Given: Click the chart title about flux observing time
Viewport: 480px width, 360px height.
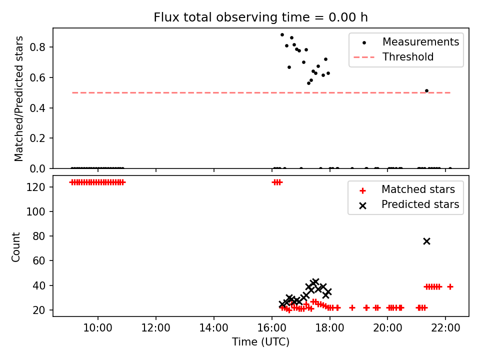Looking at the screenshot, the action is (260, 17).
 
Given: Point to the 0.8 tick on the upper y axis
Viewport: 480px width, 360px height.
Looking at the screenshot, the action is (37, 47).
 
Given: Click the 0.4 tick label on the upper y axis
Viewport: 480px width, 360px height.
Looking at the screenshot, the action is (37, 108).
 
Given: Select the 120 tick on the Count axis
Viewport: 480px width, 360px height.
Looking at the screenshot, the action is (35, 187).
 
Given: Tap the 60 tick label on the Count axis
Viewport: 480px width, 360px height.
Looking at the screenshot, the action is (39, 261).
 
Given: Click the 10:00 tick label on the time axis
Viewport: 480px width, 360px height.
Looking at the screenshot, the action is (98, 328).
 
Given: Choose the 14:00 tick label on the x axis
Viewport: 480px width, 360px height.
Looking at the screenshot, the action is (213, 328).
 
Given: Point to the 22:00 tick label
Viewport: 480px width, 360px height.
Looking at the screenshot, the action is (445, 328).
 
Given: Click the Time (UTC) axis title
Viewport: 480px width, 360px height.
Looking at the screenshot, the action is (260, 341).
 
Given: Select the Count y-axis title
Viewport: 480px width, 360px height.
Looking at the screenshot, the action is (15, 247).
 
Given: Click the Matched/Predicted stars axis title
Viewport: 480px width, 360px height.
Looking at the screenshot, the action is (18, 98).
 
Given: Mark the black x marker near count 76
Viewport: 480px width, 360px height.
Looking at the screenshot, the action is (426, 241).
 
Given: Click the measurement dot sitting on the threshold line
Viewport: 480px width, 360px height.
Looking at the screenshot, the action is (426, 91).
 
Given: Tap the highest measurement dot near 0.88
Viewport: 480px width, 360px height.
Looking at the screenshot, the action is (282, 35).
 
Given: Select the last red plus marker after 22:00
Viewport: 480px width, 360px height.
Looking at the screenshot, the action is (450, 287).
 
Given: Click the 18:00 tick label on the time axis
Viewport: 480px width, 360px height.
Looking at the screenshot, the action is (329, 328).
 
